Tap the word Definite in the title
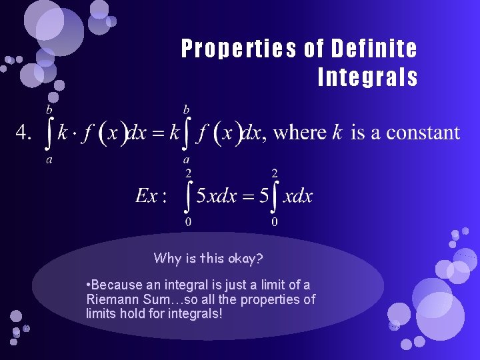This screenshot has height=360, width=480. click(x=375, y=49)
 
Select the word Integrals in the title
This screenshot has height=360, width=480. click(x=368, y=78)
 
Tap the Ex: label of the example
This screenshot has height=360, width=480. click(x=147, y=195)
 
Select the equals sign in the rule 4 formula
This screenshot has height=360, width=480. click(x=157, y=133)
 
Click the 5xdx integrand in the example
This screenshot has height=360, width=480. click(x=217, y=196)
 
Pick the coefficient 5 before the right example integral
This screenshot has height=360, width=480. click(x=264, y=196)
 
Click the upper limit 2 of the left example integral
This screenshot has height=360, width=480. click(x=188, y=173)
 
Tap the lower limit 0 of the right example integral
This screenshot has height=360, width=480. click(x=274, y=222)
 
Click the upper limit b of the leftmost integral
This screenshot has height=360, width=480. click(x=49, y=107)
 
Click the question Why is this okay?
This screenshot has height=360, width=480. click(x=208, y=257)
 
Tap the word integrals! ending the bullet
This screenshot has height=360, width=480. click(x=194, y=313)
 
